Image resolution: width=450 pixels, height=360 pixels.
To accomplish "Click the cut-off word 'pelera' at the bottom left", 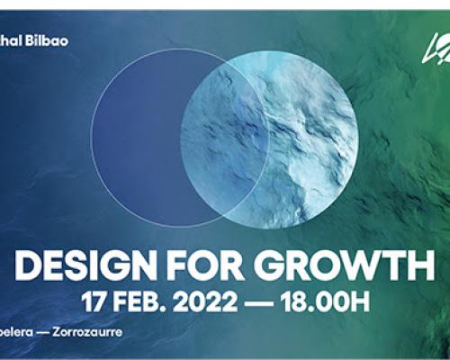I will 18,332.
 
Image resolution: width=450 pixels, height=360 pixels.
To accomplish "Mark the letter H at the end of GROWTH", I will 421,265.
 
